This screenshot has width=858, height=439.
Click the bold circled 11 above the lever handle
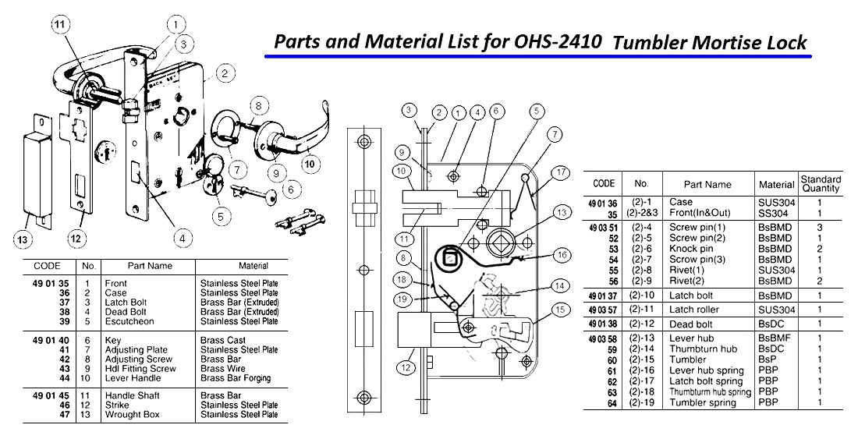58,24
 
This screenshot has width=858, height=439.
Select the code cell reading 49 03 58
605,338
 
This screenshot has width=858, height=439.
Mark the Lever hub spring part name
705,370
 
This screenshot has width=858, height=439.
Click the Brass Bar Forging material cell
235,378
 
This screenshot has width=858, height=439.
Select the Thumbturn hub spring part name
710,391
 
